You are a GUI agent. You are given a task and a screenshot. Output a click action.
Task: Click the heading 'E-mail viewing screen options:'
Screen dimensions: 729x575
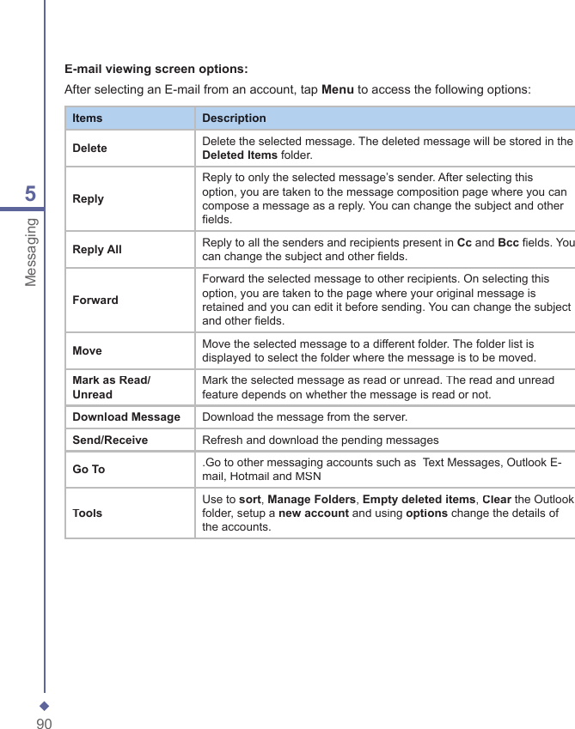point(156,69)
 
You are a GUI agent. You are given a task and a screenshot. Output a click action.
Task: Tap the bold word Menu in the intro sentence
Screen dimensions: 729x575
point(337,89)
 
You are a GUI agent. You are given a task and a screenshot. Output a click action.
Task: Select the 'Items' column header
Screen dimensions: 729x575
point(87,118)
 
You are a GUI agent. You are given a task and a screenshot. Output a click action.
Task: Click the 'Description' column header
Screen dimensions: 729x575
point(234,118)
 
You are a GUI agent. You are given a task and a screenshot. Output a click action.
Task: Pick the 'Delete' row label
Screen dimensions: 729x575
point(89,148)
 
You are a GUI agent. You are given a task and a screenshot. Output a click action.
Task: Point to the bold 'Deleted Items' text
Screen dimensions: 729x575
point(239,155)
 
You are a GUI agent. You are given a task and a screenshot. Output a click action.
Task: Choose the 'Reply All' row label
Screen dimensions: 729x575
point(97,249)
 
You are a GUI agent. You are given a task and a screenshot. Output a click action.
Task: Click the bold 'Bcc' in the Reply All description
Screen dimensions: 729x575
point(508,242)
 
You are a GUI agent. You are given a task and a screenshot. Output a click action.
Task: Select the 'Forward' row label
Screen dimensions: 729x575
point(95,300)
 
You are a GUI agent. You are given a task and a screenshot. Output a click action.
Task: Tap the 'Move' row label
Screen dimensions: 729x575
point(87,350)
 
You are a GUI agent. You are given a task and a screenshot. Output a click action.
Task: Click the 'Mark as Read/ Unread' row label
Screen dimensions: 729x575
point(111,387)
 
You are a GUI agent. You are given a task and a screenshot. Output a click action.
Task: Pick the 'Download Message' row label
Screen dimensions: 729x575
point(126,417)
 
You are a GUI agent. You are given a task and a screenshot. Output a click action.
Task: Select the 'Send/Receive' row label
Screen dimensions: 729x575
point(110,440)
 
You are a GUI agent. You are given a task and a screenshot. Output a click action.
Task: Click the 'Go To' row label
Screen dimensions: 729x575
point(89,470)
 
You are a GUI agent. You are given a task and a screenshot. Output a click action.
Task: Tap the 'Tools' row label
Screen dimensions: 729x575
point(87,513)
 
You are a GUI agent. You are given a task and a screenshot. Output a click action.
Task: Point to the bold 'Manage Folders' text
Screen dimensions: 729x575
point(312,499)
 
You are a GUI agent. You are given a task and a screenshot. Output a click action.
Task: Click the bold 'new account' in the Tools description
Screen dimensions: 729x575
point(313,513)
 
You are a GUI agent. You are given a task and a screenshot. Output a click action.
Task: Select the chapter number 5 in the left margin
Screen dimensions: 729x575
point(30,194)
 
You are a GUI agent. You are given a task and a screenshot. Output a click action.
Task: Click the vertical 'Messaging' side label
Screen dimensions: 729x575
point(31,252)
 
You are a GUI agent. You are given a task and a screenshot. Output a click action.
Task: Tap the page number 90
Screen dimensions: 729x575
point(44,724)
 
